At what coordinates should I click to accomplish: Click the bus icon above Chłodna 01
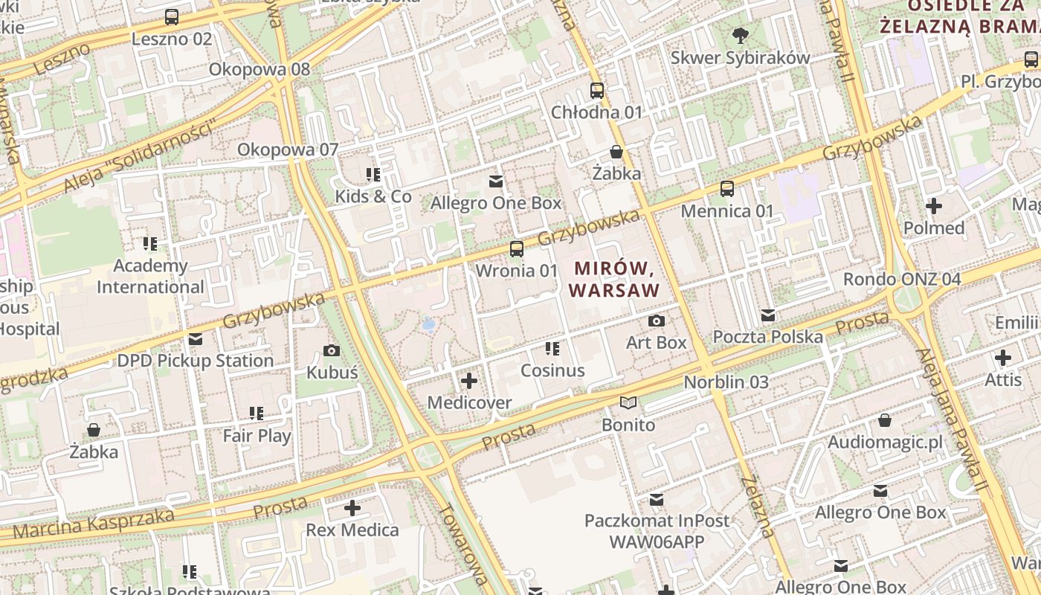(x=596, y=91)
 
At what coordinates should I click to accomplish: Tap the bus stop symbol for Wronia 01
(x=516, y=249)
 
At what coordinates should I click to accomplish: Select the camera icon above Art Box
(x=656, y=321)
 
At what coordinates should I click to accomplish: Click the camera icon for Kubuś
(x=332, y=350)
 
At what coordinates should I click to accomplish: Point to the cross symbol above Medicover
(x=469, y=382)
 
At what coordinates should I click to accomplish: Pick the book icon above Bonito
(x=628, y=403)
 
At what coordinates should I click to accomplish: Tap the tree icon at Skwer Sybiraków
(x=740, y=35)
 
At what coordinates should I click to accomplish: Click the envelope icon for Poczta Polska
(x=767, y=315)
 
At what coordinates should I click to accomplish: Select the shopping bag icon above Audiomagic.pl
(x=884, y=421)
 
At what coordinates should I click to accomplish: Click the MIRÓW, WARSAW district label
(x=614, y=279)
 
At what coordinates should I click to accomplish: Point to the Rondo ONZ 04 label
(x=901, y=280)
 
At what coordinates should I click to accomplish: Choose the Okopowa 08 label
(x=260, y=69)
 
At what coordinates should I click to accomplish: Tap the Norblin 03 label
(x=726, y=382)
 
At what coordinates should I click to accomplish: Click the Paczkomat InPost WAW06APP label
(x=657, y=531)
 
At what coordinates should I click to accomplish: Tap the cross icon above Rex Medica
(x=352, y=509)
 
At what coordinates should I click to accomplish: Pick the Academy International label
(x=150, y=276)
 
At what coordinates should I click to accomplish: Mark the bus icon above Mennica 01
(x=727, y=189)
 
